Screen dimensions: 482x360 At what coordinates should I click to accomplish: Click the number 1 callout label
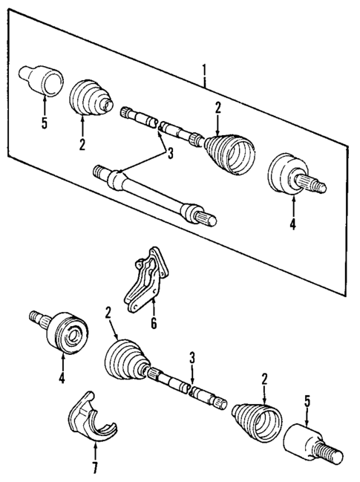(x=204, y=71)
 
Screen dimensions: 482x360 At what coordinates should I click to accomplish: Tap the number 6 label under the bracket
(x=154, y=323)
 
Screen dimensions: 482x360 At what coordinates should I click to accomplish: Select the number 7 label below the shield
(x=95, y=469)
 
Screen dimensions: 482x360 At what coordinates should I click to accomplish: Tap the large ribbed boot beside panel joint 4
(x=231, y=154)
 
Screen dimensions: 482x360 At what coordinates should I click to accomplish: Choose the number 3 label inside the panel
(x=170, y=154)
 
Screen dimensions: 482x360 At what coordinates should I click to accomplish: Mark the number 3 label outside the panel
(x=192, y=358)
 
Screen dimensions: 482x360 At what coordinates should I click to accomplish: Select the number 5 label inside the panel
(x=44, y=123)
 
